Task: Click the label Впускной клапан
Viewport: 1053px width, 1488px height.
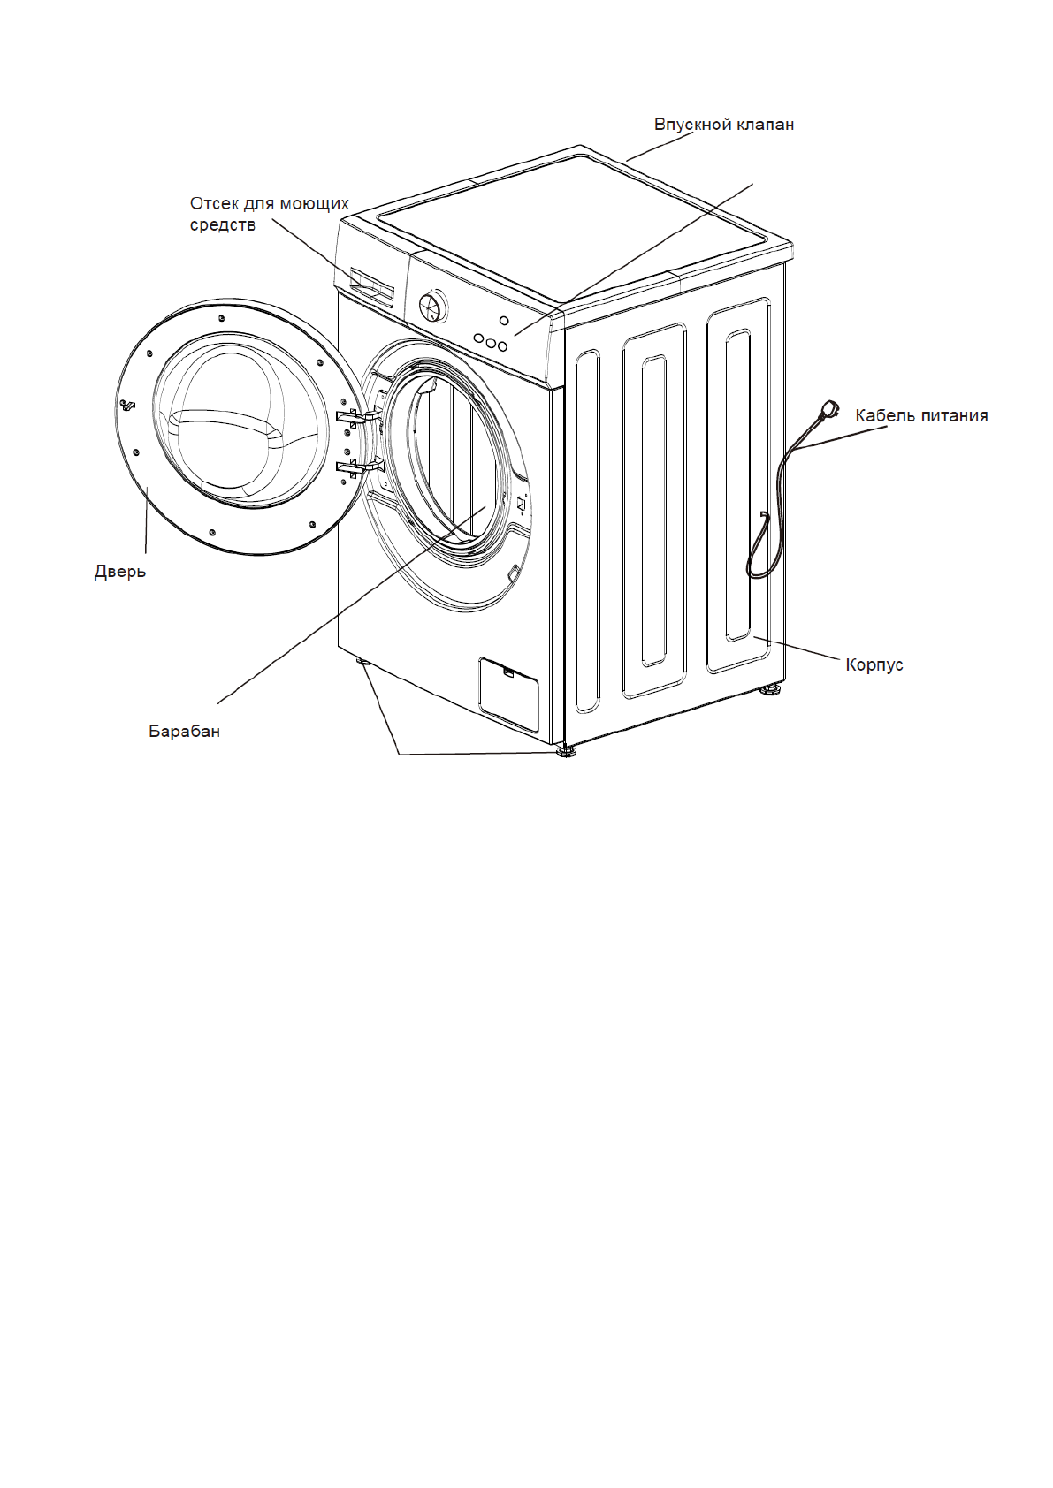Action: pos(723,125)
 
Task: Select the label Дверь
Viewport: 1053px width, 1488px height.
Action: pos(120,572)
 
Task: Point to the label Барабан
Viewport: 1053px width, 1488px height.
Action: pos(184,732)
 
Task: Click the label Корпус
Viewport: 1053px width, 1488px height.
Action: pos(874,664)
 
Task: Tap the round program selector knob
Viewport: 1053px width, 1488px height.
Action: pos(433,307)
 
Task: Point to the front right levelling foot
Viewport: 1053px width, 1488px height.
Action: pos(566,753)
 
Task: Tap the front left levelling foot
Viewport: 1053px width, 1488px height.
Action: pos(362,660)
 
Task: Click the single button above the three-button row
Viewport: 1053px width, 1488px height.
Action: pos(504,321)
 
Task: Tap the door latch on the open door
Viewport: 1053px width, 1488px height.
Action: pos(127,406)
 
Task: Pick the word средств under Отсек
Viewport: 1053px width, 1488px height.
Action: pos(223,225)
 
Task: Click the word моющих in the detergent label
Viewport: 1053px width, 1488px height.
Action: pos(314,204)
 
